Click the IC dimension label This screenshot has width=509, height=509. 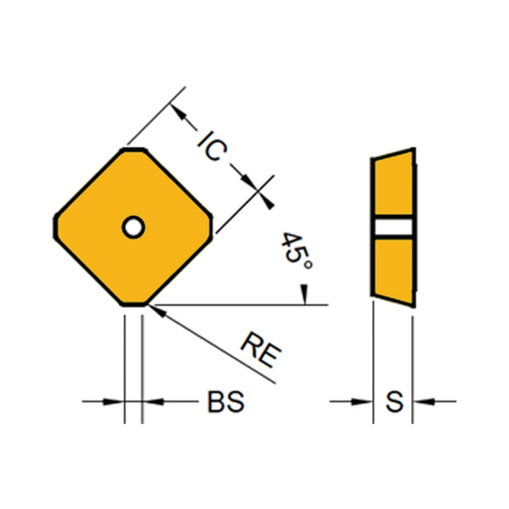(213, 146)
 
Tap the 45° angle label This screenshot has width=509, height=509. (296, 251)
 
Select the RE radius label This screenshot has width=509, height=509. (261, 350)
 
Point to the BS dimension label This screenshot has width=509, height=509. (225, 402)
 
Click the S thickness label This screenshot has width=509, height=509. (394, 402)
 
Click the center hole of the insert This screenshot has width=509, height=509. (133, 227)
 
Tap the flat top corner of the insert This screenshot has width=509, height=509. (134, 150)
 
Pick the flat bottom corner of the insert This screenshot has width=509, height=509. (134, 304)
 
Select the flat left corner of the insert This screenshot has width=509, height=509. (56, 227)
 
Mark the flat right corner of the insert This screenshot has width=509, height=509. (211, 227)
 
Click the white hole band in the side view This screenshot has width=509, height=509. (393, 227)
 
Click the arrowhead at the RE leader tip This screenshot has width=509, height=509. (156, 311)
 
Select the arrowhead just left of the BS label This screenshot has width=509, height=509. (154, 402)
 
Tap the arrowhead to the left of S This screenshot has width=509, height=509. (362, 402)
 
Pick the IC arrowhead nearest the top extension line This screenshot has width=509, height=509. (178, 112)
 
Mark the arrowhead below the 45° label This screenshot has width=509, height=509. (304, 295)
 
